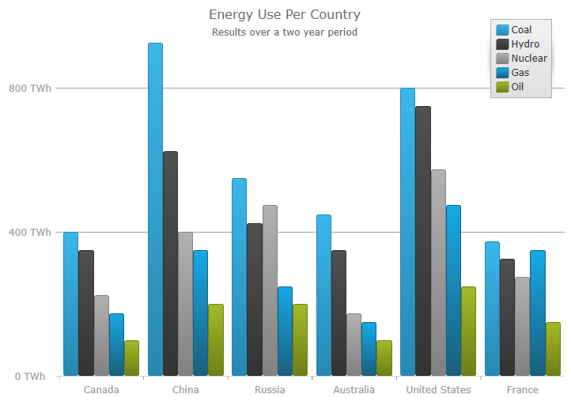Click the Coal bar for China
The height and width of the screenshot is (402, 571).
coord(155,210)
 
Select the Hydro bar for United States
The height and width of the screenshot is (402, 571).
coord(423,241)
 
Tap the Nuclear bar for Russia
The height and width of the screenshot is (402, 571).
coord(270,290)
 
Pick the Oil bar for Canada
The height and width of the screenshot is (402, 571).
coord(131,358)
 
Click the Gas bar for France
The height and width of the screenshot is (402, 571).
coord(538,313)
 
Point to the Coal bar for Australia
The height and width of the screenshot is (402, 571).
coord(323,295)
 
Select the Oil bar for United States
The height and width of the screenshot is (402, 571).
coord(468,331)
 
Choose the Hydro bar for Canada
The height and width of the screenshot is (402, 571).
coord(86,313)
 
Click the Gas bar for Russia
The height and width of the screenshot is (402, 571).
coord(285,331)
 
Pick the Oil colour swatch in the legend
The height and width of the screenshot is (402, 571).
coord(501,87)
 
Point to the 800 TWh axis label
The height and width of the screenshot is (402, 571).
coord(30,88)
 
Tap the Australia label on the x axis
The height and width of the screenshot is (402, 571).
coord(354,390)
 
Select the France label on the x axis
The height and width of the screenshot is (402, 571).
coord(522,390)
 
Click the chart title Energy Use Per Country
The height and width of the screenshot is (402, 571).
coord(285,15)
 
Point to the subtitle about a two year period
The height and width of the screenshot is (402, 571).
coord(285,32)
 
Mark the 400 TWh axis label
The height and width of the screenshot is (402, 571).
coord(30,232)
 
